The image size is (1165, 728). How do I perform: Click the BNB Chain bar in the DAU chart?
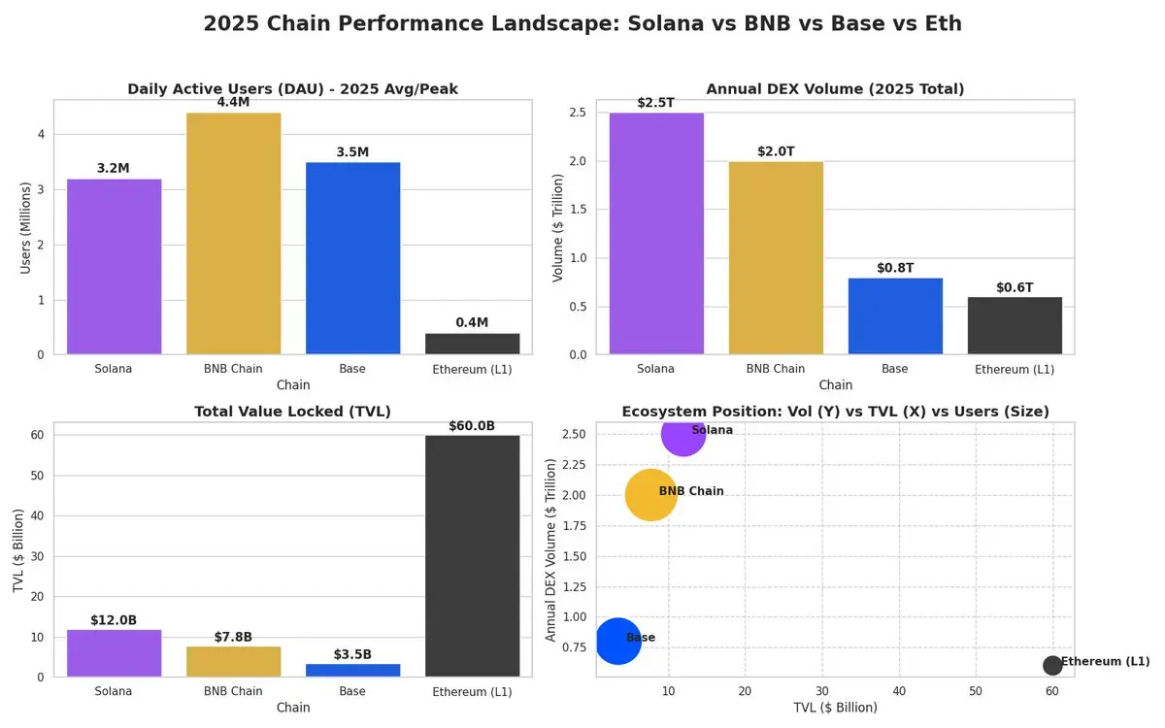(234, 233)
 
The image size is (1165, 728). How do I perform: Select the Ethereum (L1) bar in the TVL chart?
(473, 555)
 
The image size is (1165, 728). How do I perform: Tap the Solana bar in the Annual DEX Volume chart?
(656, 233)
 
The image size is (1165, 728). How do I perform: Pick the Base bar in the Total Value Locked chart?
(352, 670)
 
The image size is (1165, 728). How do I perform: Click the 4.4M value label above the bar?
(234, 102)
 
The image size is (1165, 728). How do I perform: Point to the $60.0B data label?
(473, 426)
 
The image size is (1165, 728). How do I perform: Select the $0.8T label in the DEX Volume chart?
(895, 268)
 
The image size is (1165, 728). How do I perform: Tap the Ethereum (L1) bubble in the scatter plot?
(1052, 665)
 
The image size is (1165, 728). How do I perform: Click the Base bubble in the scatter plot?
(617, 641)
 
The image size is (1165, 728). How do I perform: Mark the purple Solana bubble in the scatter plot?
(682, 434)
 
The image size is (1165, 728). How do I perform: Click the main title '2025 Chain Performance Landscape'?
(582, 23)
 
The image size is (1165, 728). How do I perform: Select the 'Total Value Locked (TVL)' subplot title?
(292, 412)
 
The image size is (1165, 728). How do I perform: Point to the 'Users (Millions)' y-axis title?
(25, 227)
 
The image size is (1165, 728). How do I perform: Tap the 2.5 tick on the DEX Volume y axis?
(577, 113)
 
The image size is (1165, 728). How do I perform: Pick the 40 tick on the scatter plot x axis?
(899, 690)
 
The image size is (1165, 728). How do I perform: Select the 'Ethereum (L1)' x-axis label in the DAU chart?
(473, 369)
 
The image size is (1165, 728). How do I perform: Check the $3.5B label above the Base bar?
(352, 654)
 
